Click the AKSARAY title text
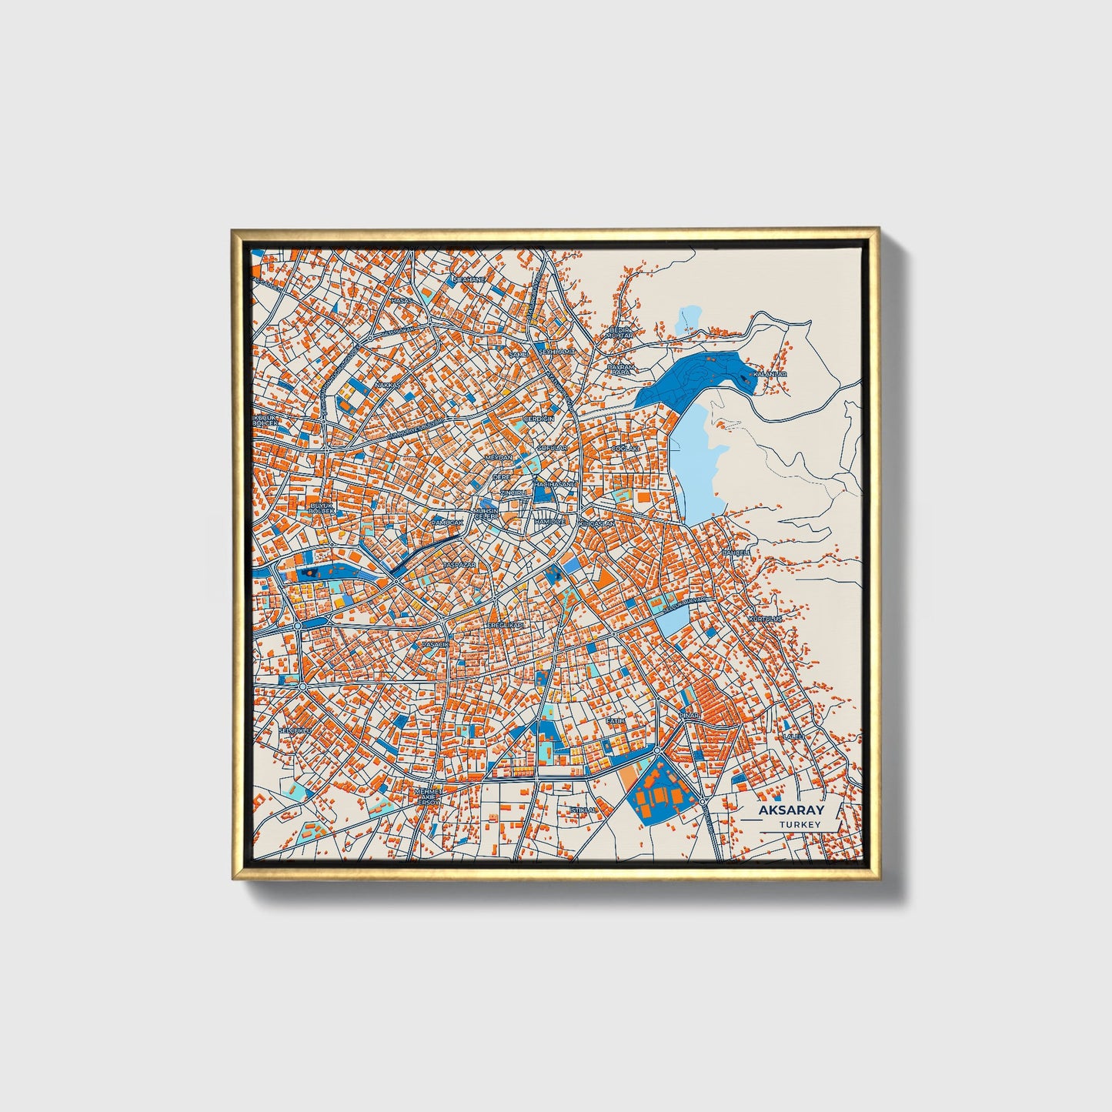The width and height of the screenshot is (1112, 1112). tap(791, 810)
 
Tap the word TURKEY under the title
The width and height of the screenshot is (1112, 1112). tap(800, 824)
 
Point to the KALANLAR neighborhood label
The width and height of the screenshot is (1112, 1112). tap(770, 374)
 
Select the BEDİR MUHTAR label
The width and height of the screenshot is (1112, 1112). tap(619, 332)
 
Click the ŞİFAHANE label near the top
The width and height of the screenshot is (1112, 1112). tap(469, 279)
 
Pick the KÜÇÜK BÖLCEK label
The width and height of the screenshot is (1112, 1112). tap(265, 421)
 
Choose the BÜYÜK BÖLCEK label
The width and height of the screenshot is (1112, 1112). tap(321, 508)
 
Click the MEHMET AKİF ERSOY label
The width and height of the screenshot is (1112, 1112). tap(428, 796)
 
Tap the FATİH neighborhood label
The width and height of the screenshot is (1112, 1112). tap(615, 720)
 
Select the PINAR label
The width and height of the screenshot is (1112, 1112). tap(689, 716)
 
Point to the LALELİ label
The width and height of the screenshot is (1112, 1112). tap(793, 736)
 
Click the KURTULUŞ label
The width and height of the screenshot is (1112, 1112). tap(765, 618)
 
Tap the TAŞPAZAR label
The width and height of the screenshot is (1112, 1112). tap(459, 565)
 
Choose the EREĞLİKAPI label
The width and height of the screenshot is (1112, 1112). tap(506, 626)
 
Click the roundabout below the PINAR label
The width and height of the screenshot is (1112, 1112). tap(658, 751)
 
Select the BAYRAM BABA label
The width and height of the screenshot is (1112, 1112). tap(619, 369)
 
